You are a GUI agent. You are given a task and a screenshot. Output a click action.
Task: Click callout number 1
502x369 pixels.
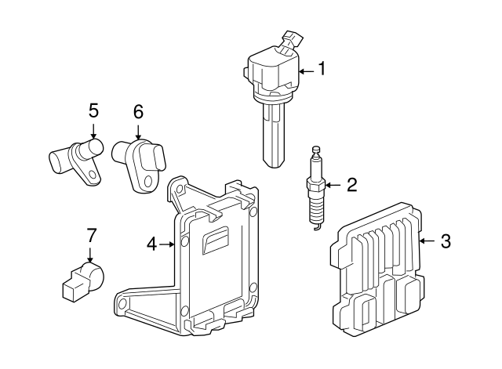pyautogui.click(x=321, y=70)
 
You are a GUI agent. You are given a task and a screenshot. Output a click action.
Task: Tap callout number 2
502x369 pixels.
pyautogui.click(x=351, y=185)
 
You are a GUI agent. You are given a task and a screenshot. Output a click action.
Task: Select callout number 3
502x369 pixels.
pyautogui.click(x=445, y=241)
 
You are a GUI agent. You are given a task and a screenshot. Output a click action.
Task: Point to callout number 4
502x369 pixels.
pyautogui.click(x=152, y=244)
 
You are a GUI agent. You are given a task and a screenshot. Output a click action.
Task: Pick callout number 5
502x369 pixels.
pyautogui.click(x=93, y=110)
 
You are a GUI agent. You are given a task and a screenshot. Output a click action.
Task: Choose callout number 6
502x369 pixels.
pyautogui.click(x=138, y=112)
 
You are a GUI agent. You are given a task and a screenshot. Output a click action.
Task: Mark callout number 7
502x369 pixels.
pyautogui.click(x=91, y=234)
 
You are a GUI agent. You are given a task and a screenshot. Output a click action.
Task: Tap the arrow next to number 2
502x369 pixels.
pyautogui.click(x=333, y=186)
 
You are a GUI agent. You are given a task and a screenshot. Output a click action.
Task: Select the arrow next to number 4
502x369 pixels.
pyautogui.click(x=169, y=244)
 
